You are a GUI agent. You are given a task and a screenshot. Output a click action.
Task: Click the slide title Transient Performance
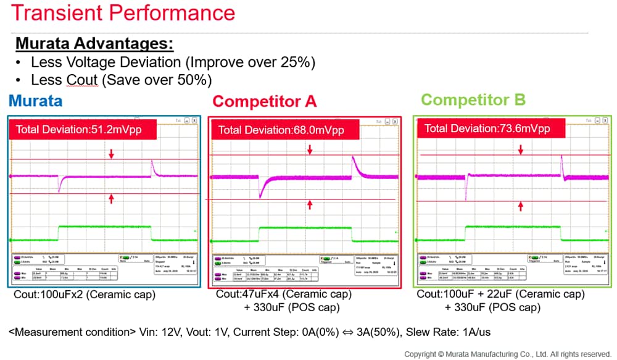click(123, 14)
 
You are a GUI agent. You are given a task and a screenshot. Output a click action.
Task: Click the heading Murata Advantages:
click(94, 44)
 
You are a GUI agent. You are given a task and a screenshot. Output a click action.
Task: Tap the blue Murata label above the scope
click(35, 101)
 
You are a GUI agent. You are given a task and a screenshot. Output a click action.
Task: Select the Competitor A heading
click(264, 101)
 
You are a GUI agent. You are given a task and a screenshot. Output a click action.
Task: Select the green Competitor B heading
click(473, 100)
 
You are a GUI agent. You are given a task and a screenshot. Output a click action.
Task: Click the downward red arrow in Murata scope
click(111, 153)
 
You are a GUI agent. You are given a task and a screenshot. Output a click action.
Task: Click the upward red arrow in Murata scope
click(111, 198)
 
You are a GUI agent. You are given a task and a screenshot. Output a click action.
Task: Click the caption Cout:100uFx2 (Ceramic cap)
click(85, 295)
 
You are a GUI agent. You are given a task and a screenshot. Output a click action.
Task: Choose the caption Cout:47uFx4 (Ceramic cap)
click(284, 295)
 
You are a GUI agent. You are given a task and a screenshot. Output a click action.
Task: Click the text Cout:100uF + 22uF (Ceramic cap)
click(500, 294)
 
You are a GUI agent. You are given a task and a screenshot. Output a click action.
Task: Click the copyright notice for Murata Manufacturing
click(507, 354)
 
